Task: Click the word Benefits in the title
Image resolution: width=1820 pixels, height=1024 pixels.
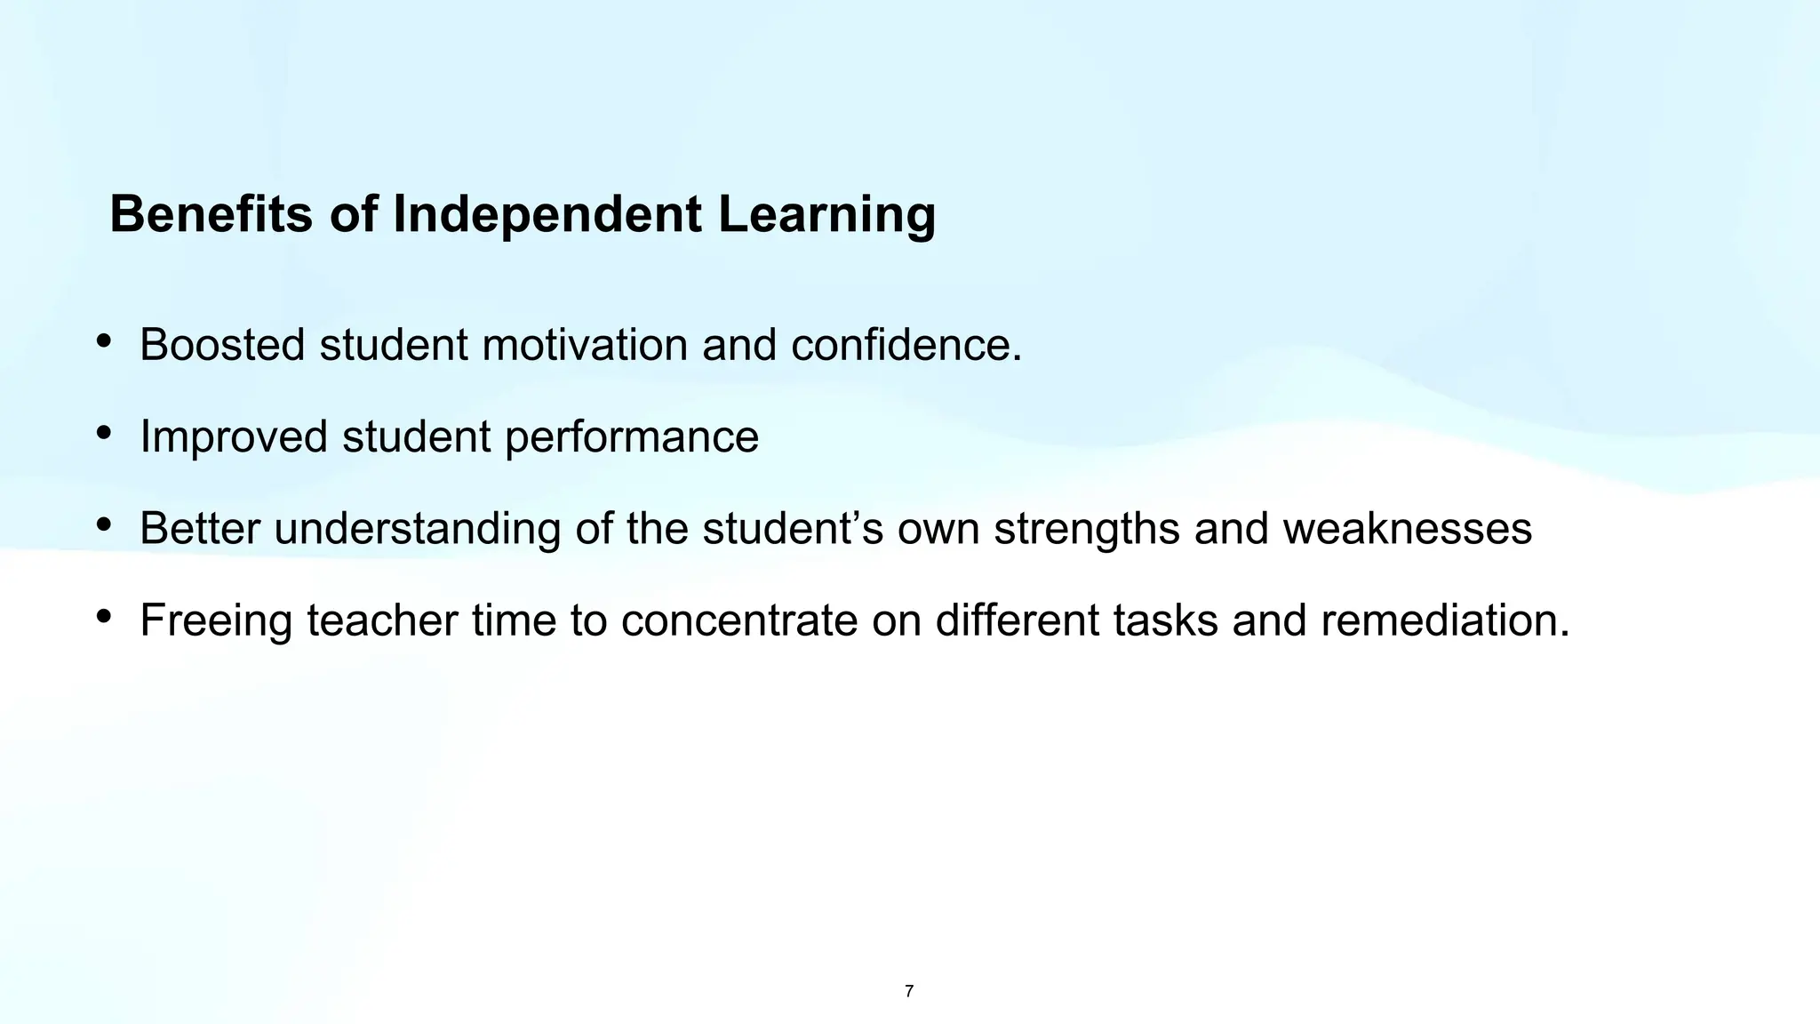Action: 211,214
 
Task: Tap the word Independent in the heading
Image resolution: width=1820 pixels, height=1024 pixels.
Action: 547,214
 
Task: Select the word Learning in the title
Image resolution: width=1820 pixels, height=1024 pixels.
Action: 826,214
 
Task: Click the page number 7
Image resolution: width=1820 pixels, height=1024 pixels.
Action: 909,991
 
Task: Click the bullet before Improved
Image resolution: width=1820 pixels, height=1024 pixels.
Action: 104,433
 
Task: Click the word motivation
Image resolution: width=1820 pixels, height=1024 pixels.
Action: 585,345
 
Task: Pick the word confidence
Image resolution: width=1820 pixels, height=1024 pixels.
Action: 906,345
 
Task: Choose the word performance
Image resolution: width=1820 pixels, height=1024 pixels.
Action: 631,437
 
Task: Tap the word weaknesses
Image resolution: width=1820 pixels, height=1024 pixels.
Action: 1408,529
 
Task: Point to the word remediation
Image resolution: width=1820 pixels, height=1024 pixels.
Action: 1445,620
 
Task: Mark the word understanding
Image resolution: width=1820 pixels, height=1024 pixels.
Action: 417,529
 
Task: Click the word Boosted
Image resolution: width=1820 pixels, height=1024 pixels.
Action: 222,345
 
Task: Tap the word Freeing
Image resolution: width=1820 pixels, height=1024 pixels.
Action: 216,620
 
